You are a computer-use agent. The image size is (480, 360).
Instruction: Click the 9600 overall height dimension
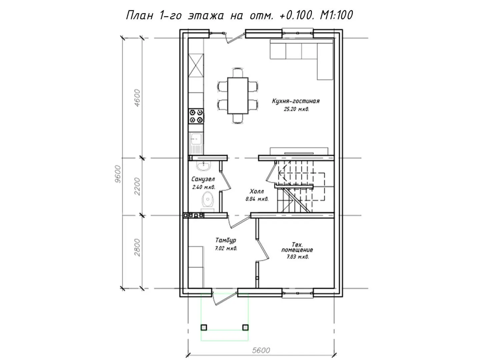118,174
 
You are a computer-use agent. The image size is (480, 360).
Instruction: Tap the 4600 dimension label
137,98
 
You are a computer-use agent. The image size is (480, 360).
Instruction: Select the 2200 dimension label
137,186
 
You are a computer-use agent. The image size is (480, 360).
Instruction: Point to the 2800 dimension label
137,248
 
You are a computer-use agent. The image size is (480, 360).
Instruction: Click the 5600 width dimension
261,350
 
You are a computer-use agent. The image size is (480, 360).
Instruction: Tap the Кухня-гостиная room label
296,101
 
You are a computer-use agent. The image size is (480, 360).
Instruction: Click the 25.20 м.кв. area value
297,109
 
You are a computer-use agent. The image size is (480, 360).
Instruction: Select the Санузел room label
203,179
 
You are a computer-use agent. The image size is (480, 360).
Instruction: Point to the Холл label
257,191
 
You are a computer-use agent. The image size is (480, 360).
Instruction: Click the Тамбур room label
225,240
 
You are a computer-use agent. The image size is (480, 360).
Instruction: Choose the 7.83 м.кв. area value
298,257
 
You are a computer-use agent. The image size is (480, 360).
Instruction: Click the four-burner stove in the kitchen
196,116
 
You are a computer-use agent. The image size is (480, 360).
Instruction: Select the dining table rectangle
238,96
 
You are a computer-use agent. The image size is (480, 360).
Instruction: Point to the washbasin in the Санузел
203,165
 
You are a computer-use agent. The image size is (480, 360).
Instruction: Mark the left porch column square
204,334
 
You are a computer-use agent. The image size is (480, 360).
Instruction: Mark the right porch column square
245,334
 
